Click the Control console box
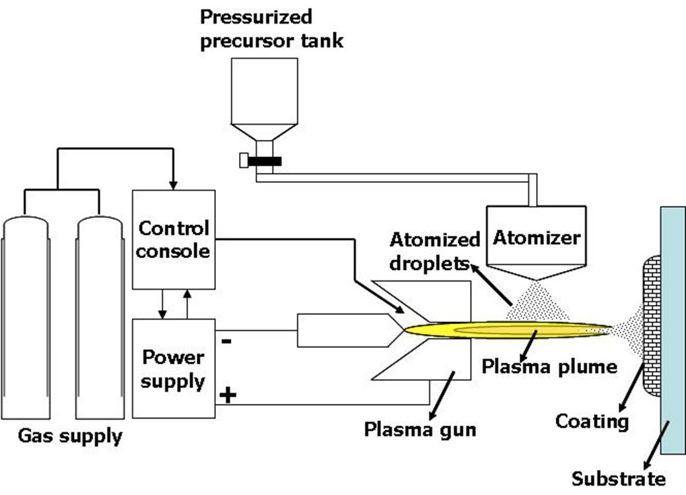[174, 239]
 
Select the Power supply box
[174, 368]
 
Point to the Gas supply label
[70, 436]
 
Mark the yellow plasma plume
[502, 328]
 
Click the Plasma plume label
[548, 366]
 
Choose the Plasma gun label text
[420, 430]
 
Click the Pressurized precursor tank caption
[273, 28]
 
